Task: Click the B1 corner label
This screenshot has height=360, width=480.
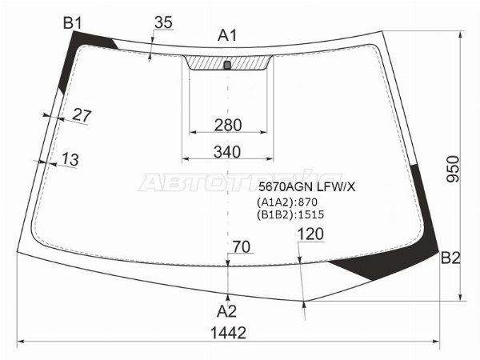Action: pyautogui.click(x=74, y=23)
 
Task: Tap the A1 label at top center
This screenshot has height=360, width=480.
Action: pyautogui.click(x=228, y=34)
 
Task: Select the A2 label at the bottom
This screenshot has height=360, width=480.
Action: pyautogui.click(x=228, y=310)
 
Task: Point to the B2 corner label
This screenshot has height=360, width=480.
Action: pyautogui.click(x=450, y=258)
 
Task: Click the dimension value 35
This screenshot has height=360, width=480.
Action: pyautogui.click(x=162, y=22)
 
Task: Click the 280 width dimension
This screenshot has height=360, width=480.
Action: pyautogui.click(x=228, y=125)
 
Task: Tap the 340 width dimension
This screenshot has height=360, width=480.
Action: pyautogui.click(x=228, y=152)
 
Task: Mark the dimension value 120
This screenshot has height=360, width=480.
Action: pyautogui.click(x=310, y=234)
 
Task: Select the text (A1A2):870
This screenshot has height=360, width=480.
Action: pyautogui.click(x=289, y=202)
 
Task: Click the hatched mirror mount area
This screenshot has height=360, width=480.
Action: pyautogui.click(x=208, y=63)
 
